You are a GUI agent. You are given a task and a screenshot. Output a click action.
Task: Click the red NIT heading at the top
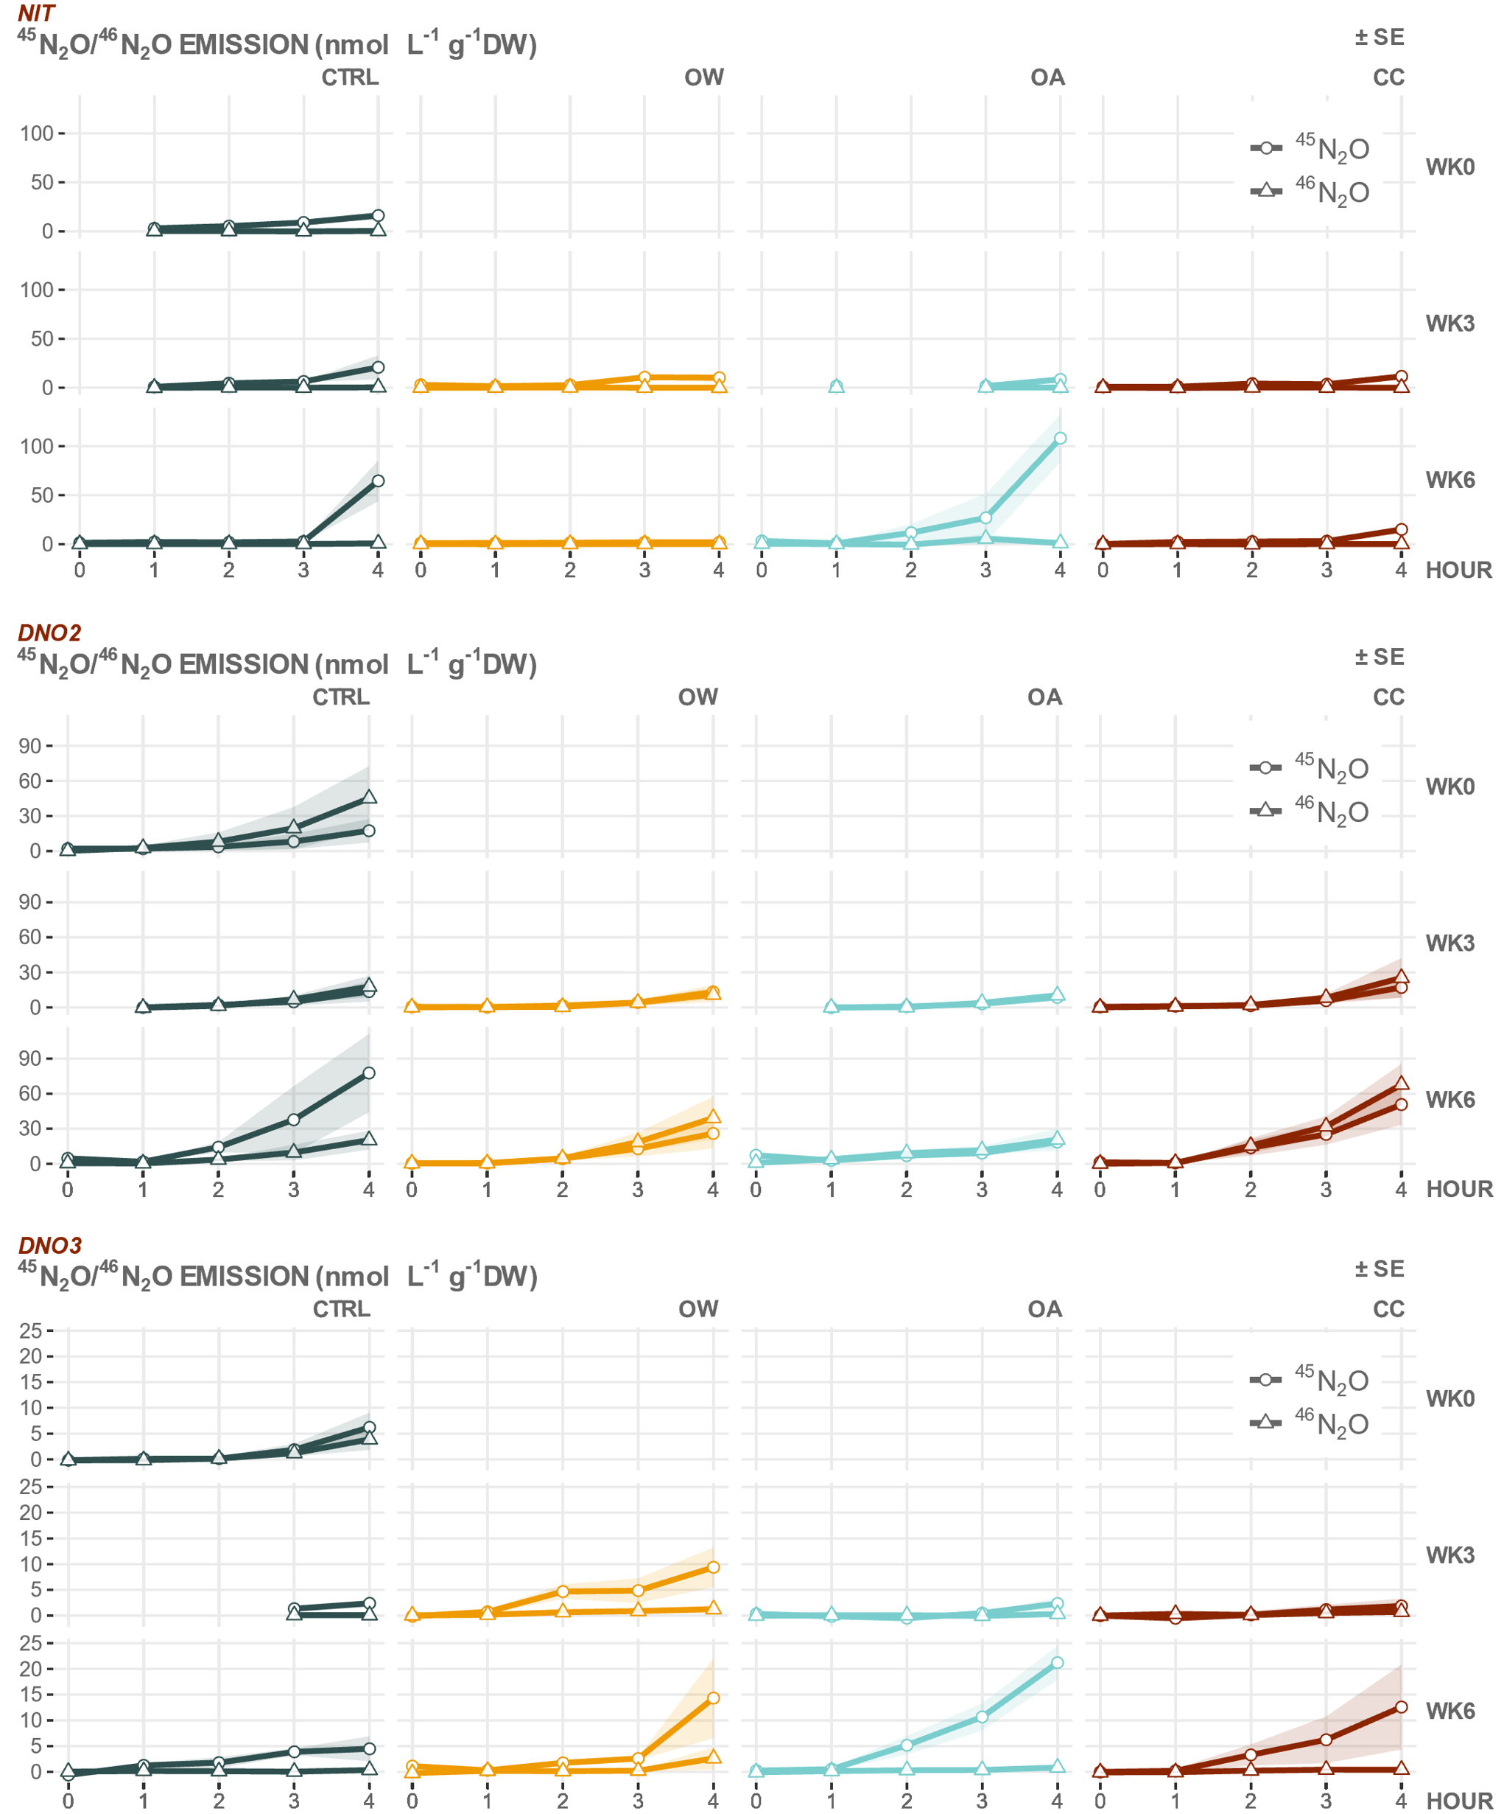36,13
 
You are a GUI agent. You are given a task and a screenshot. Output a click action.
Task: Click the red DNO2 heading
49,632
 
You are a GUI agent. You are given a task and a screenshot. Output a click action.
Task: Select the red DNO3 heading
49,1245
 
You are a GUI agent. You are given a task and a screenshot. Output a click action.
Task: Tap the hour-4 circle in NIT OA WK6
1059,438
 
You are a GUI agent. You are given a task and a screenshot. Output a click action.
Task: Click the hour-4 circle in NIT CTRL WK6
377,481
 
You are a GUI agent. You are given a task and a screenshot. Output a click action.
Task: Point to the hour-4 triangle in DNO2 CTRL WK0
369,796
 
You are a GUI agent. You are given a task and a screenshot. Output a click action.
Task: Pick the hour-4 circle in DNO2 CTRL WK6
369,1073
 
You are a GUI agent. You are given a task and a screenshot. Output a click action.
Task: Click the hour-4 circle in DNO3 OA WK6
1057,1662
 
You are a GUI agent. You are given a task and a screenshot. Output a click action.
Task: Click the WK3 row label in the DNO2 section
1449,943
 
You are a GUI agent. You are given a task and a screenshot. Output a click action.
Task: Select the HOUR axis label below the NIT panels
1458,570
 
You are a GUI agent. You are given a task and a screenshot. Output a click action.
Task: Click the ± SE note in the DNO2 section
1379,657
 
